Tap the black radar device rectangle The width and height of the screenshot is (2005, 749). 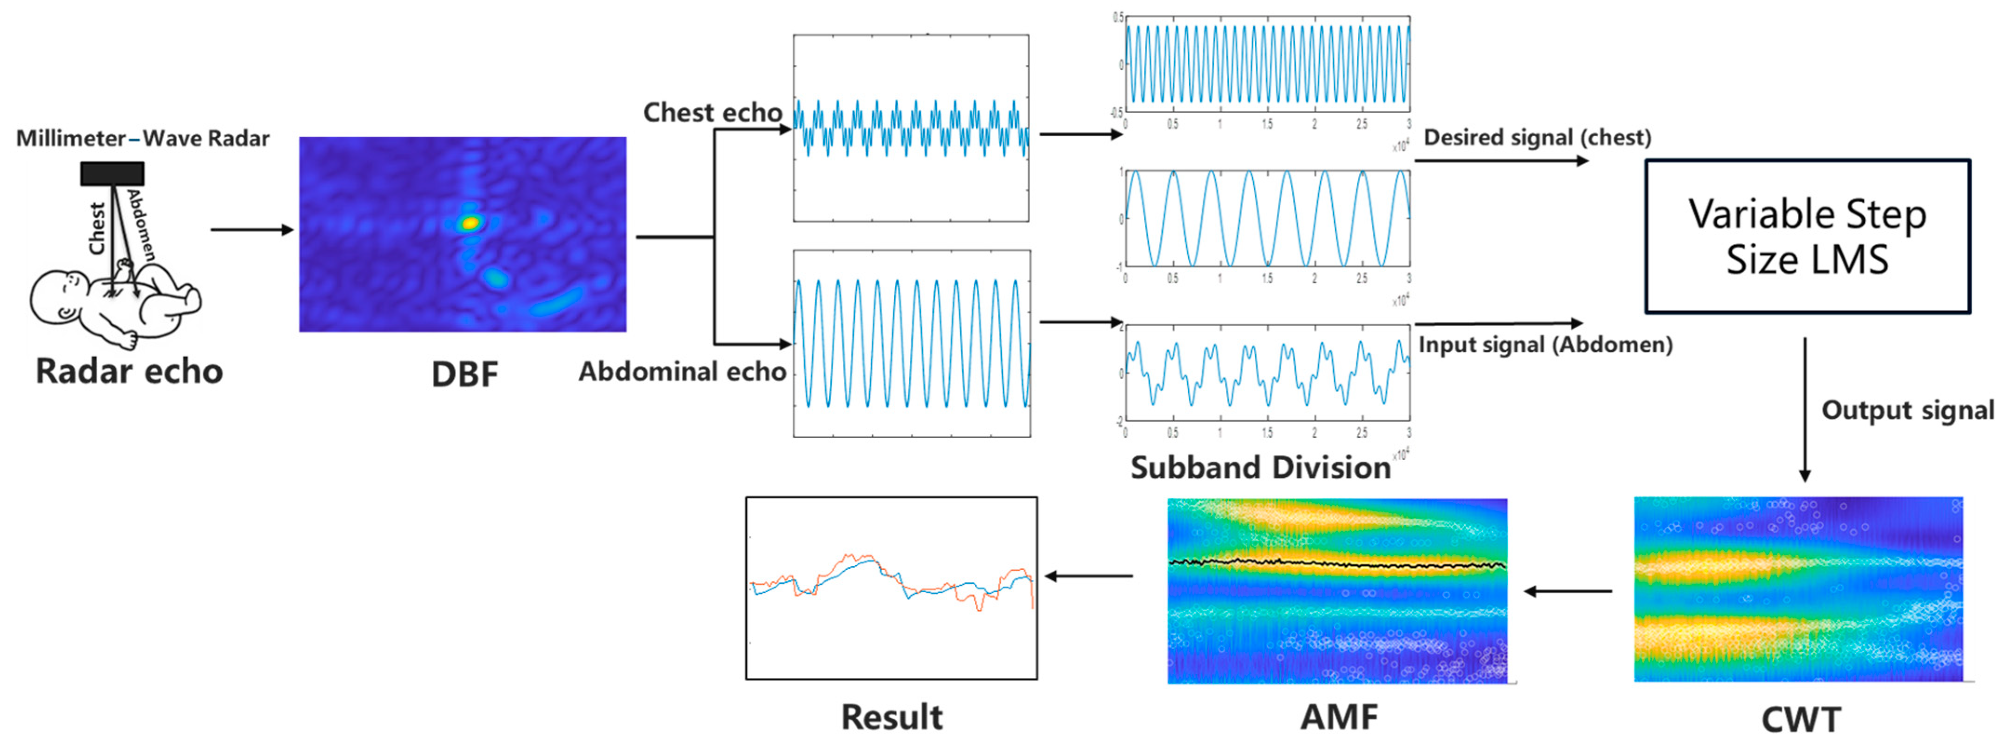(112, 173)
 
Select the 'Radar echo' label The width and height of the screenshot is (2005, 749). (129, 371)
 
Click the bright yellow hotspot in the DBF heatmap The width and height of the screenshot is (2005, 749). (470, 223)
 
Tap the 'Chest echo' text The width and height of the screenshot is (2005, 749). (712, 113)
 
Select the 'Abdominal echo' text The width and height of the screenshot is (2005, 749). (682, 372)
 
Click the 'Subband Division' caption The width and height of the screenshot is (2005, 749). (1260, 467)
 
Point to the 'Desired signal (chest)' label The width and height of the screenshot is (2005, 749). (1537, 138)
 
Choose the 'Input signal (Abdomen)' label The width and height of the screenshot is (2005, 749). (1545, 344)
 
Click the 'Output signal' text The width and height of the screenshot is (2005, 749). (1908, 410)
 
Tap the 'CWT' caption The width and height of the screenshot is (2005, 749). (1800, 719)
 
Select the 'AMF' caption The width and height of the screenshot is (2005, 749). (1339, 717)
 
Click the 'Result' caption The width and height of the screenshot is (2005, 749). (892, 717)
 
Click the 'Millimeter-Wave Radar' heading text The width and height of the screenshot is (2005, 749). (143, 139)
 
